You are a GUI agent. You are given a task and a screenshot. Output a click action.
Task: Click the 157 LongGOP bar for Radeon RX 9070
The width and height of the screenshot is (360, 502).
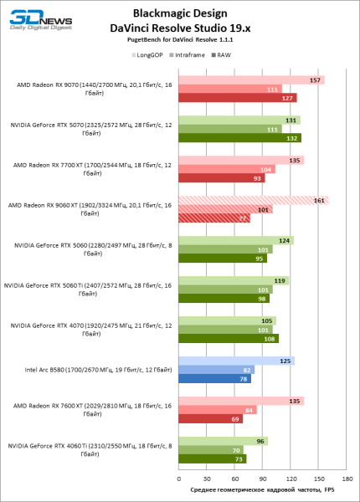tap(251, 80)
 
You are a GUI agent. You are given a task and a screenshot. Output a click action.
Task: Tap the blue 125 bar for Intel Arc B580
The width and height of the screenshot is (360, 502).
tap(236, 361)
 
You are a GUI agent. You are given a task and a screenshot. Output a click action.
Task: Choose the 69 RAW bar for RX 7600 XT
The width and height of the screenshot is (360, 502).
tap(210, 418)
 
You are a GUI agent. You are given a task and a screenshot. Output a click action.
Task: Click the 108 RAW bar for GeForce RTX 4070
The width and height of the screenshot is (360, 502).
tap(229, 339)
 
